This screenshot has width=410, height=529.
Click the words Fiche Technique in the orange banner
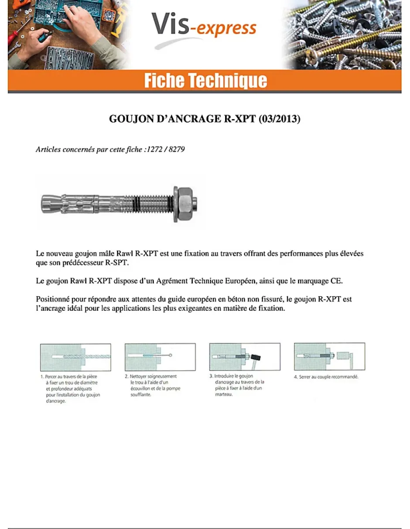point(205,81)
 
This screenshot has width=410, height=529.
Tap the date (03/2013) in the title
point(279,119)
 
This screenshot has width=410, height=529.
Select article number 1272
point(155,149)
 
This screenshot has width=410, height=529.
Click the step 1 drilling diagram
point(75,357)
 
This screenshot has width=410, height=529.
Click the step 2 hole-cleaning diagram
point(160,357)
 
